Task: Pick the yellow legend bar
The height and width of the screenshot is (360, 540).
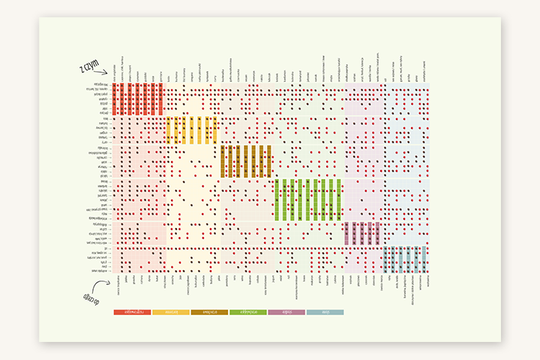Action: point(170,311)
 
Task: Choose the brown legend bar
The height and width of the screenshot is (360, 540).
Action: point(209,311)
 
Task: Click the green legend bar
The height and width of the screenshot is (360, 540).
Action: point(247,311)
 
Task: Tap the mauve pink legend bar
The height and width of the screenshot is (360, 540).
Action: point(286,311)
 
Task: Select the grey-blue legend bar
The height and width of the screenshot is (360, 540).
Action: point(325,311)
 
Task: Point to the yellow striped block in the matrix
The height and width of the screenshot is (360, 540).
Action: point(192,130)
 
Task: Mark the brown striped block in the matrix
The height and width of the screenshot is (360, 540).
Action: point(245,161)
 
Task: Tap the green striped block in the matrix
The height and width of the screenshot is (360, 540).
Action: point(308,200)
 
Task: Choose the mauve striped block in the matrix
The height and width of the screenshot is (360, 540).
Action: point(363,233)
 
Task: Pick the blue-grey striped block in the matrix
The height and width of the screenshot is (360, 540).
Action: point(405,259)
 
